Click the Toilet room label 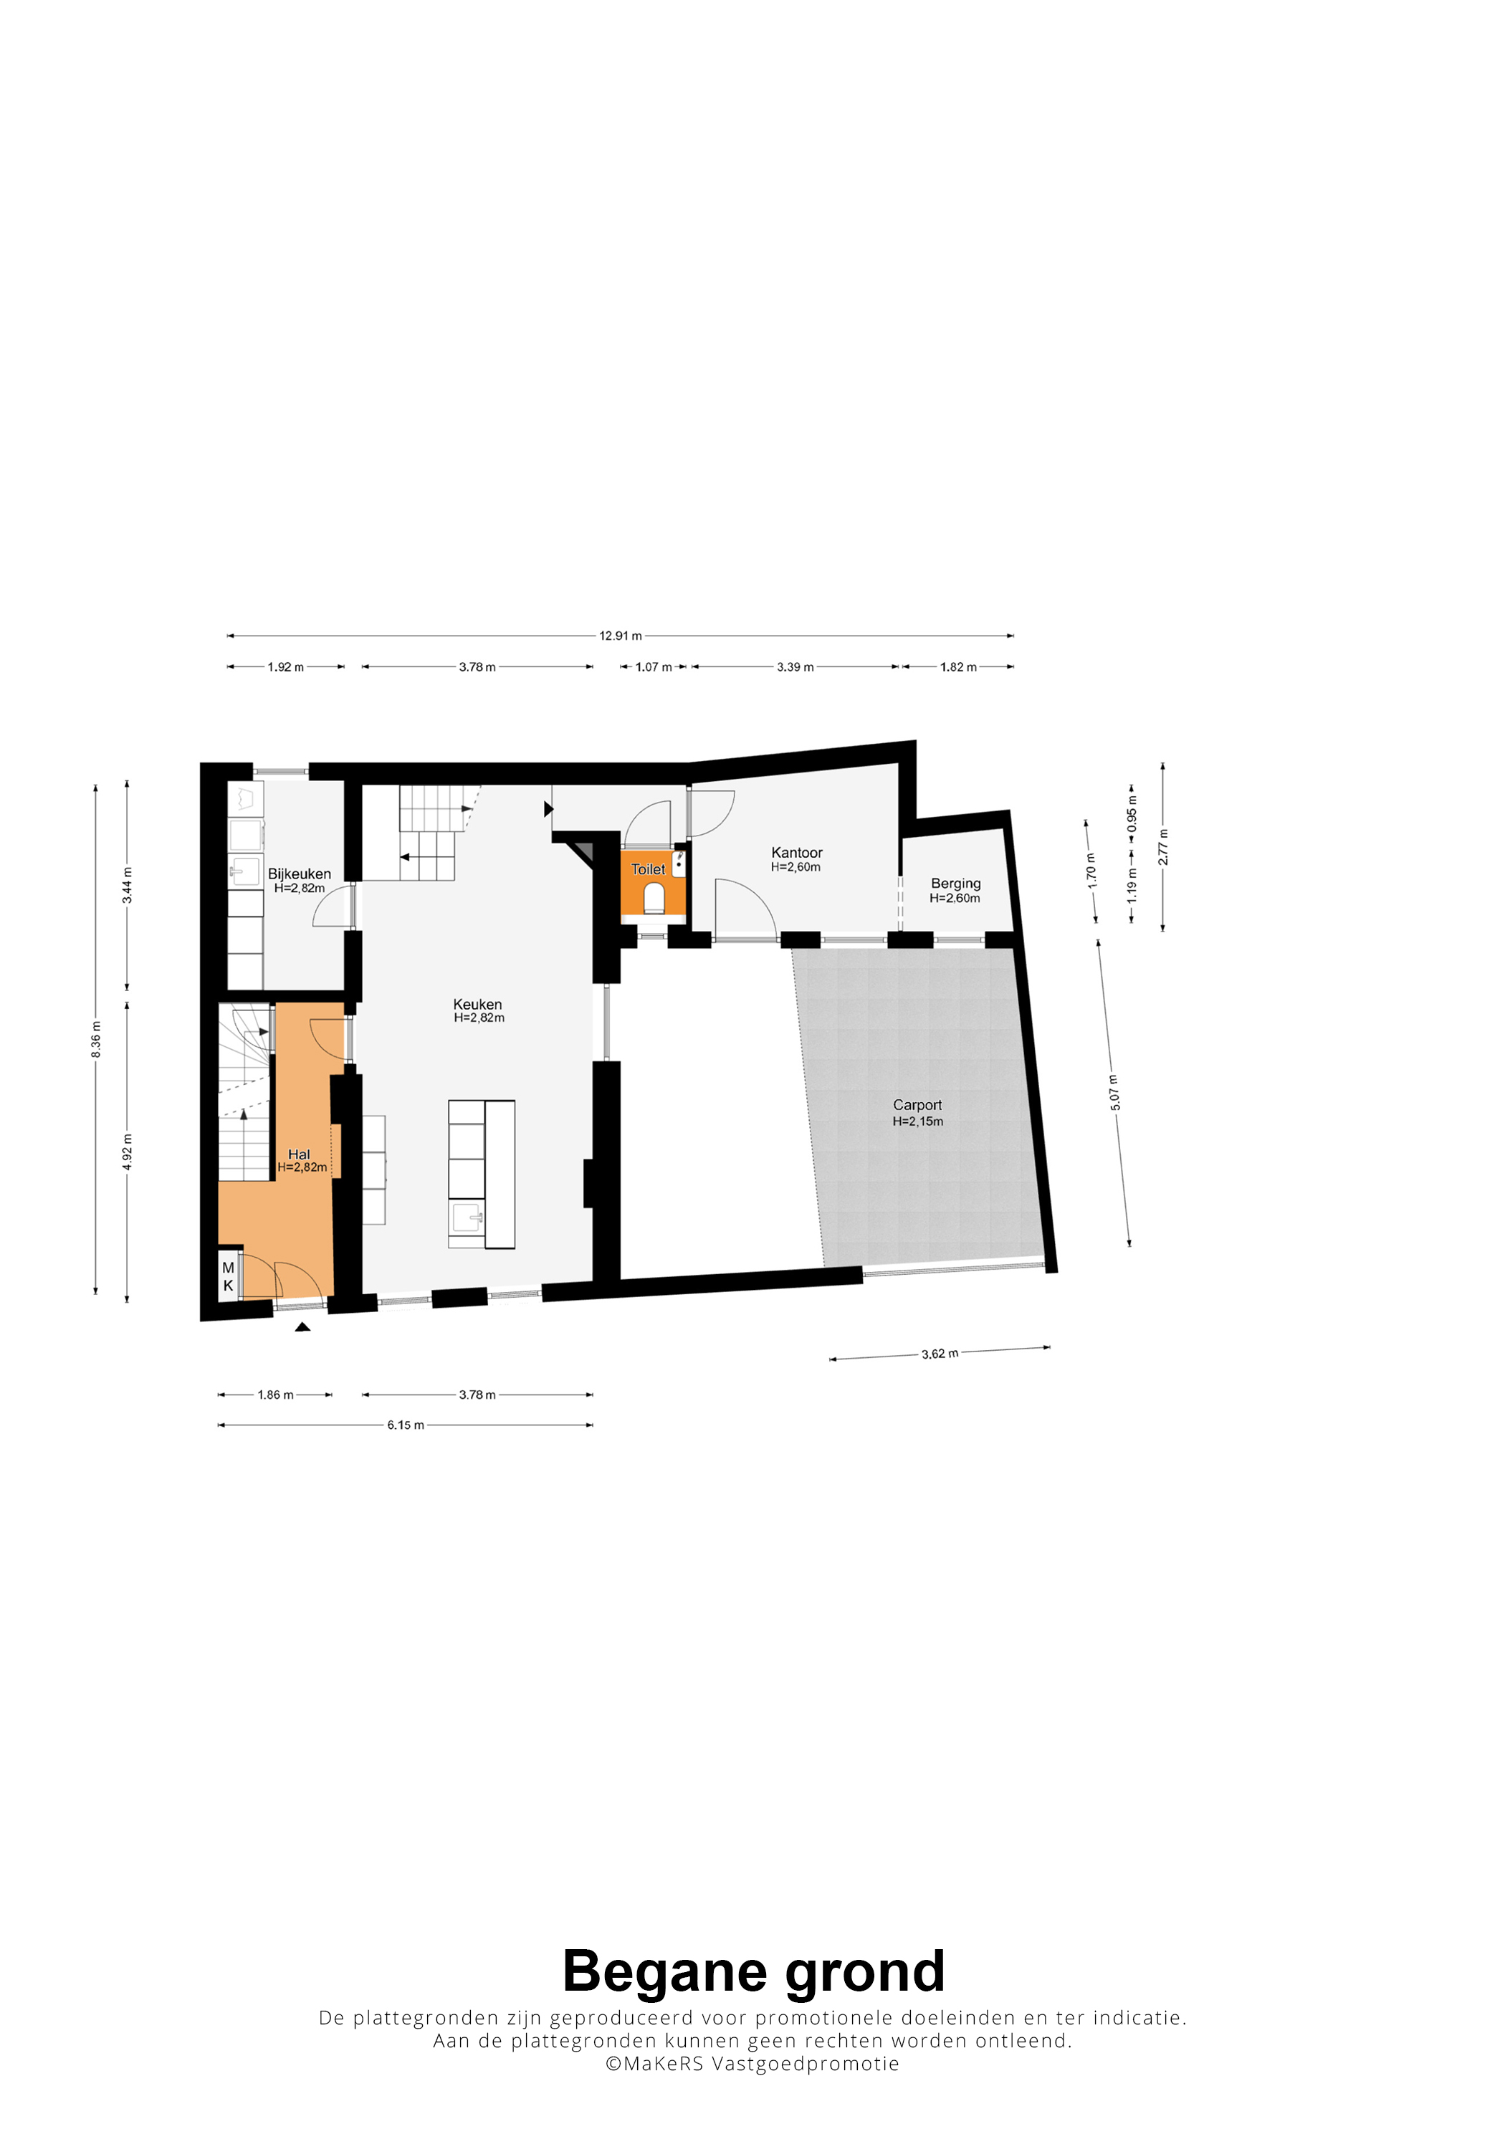pyautogui.click(x=648, y=869)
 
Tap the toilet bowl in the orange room pyautogui.click(x=654, y=898)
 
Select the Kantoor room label pyautogui.click(x=796, y=852)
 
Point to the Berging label pyautogui.click(x=955, y=884)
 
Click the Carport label pyautogui.click(x=917, y=1104)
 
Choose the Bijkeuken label pyautogui.click(x=300, y=874)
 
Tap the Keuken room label pyautogui.click(x=477, y=1004)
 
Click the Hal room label pyautogui.click(x=299, y=1154)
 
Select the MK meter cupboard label pyautogui.click(x=228, y=1277)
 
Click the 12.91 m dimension pyautogui.click(x=621, y=636)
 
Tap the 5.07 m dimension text pyautogui.click(x=1114, y=1092)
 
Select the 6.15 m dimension pyautogui.click(x=405, y=1425)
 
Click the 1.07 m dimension pyautogui.click(x=654, y=666)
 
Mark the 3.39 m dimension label pyautogui.click(x=795, y=666)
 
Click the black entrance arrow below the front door pyautogui.click(x=302, y=1327)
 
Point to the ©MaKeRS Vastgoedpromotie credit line pyautogui.click(x=752, y=2063)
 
